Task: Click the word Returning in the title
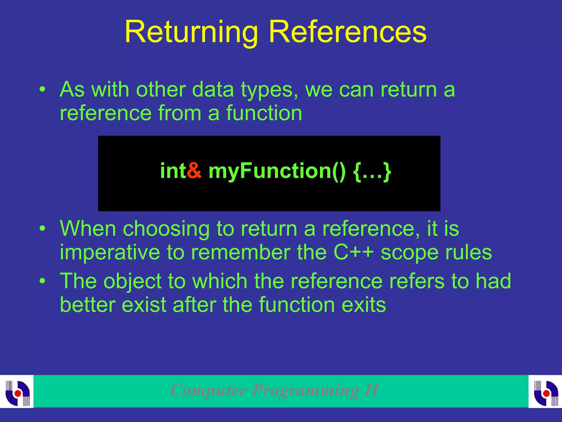(191, 32)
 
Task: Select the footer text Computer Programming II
(274, 390)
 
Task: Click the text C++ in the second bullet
(353, 252)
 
